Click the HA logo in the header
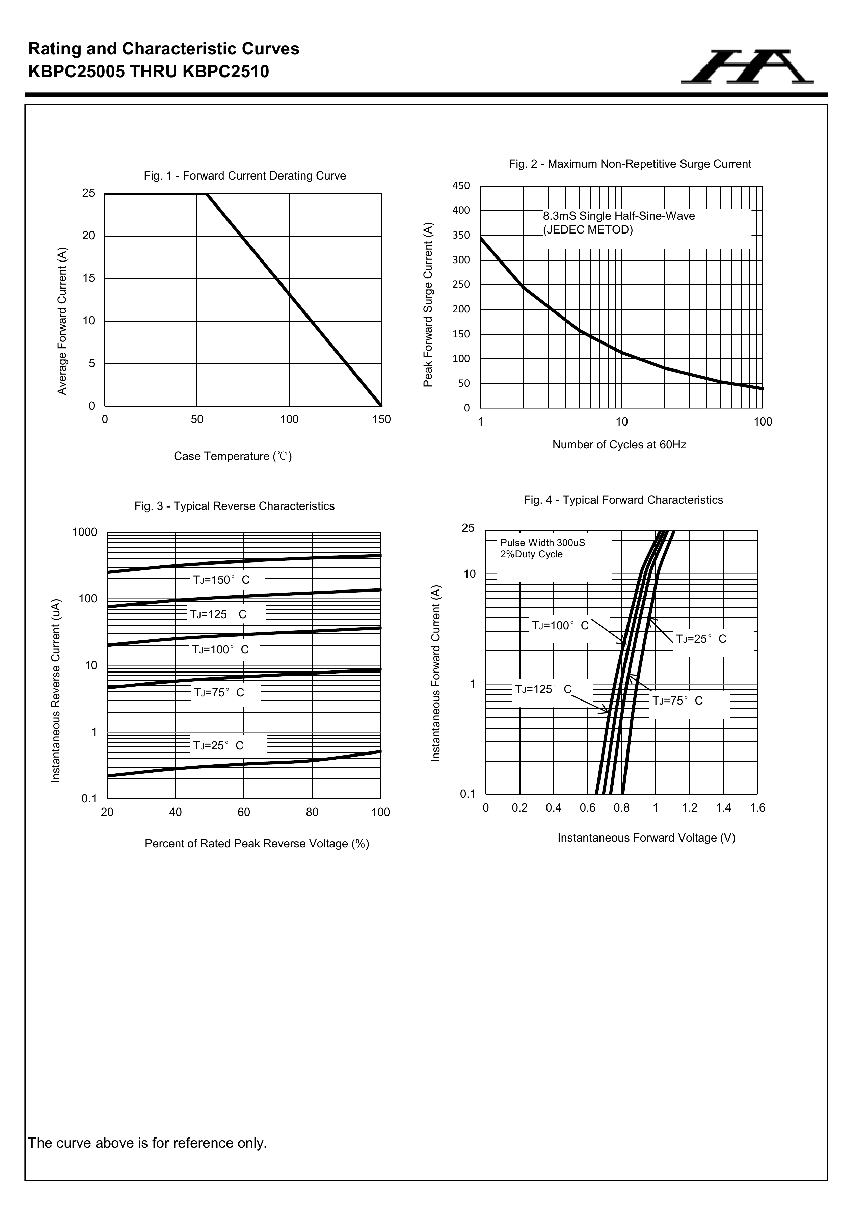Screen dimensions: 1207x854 [747, 67]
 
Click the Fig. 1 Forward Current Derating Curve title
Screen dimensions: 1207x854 [244, 175]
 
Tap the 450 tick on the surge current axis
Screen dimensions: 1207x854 [461, 186]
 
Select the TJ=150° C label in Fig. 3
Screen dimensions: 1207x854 [221, 580]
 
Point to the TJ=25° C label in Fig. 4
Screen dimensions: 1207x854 [701, 639]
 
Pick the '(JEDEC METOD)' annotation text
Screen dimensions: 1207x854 [588, 230]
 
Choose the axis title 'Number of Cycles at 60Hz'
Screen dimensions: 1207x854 [619, 445]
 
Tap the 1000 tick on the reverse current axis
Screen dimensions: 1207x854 [85, 532]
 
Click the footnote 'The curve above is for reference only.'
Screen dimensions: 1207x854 [147, 1143]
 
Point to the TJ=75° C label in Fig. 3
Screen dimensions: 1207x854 [219, 693]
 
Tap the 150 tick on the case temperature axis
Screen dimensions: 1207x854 [381, 419]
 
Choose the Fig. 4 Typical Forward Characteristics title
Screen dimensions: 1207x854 [623, 500]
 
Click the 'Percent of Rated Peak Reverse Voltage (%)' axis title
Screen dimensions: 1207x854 [257, 844]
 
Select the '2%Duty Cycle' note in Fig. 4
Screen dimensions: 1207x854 [531, 554]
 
